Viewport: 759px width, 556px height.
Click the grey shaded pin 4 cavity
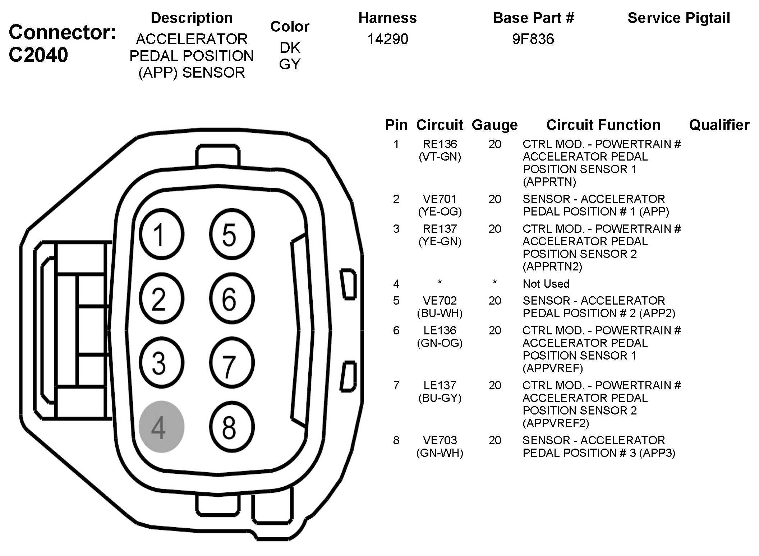(x=161, y=427)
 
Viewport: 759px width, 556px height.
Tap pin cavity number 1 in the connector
(x=161, y=235)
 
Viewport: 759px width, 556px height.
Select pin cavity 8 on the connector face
(x=232, y=427)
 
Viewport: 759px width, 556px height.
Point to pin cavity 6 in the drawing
(x=232, y=298)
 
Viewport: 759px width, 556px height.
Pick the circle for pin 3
(x=161, y=363)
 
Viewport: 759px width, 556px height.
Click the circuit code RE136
(x=440, y=144)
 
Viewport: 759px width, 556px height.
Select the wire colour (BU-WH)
(x=440, y=313)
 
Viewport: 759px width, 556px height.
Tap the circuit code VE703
(x=440, y=440)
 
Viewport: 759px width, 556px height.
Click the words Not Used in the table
(x=546, y=284)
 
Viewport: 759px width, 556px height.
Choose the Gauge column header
(x=494, y=125)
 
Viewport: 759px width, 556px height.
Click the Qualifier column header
(x=719, y=125)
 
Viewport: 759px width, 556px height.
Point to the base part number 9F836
(x=533, y=39)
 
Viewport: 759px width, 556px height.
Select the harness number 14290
(x=387, y=39)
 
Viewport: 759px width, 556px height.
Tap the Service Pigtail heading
(x=678, y=18)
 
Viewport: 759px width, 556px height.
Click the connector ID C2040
(x=38, y=55)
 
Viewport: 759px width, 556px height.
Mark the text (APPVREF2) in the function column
(x=556, y=423)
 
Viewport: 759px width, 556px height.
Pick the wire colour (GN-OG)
(x=440, y=343)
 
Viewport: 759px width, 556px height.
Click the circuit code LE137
(x=440, y=385)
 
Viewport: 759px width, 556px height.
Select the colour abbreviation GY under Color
(x=290, y=64)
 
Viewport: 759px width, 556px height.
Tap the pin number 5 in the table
(x=396, y=301)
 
